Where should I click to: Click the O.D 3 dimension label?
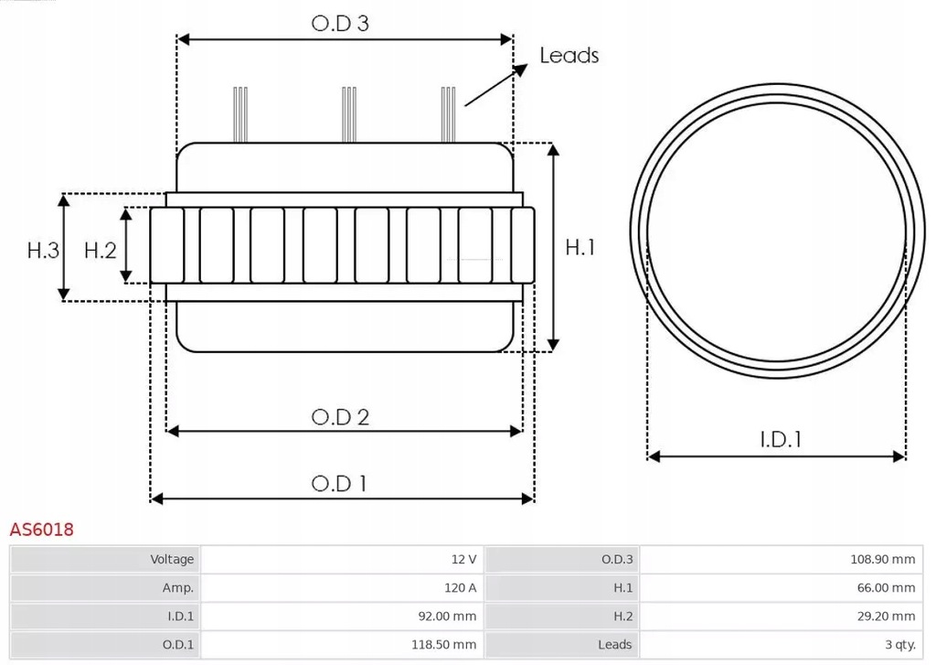coord(340,24)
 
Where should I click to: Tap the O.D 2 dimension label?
coord(340,417)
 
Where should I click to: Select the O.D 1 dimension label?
coord(339,483)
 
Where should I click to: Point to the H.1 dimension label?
coord(580,247)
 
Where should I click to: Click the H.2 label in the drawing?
coord(101,250)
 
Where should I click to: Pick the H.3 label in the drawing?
coord(43,250)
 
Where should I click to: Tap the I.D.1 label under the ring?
coord(781,440)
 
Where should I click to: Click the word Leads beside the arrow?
coord(569,56)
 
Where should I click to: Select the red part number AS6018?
coord(41,530)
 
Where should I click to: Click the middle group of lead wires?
coord(348,114)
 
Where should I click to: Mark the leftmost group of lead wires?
coord(240,114)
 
